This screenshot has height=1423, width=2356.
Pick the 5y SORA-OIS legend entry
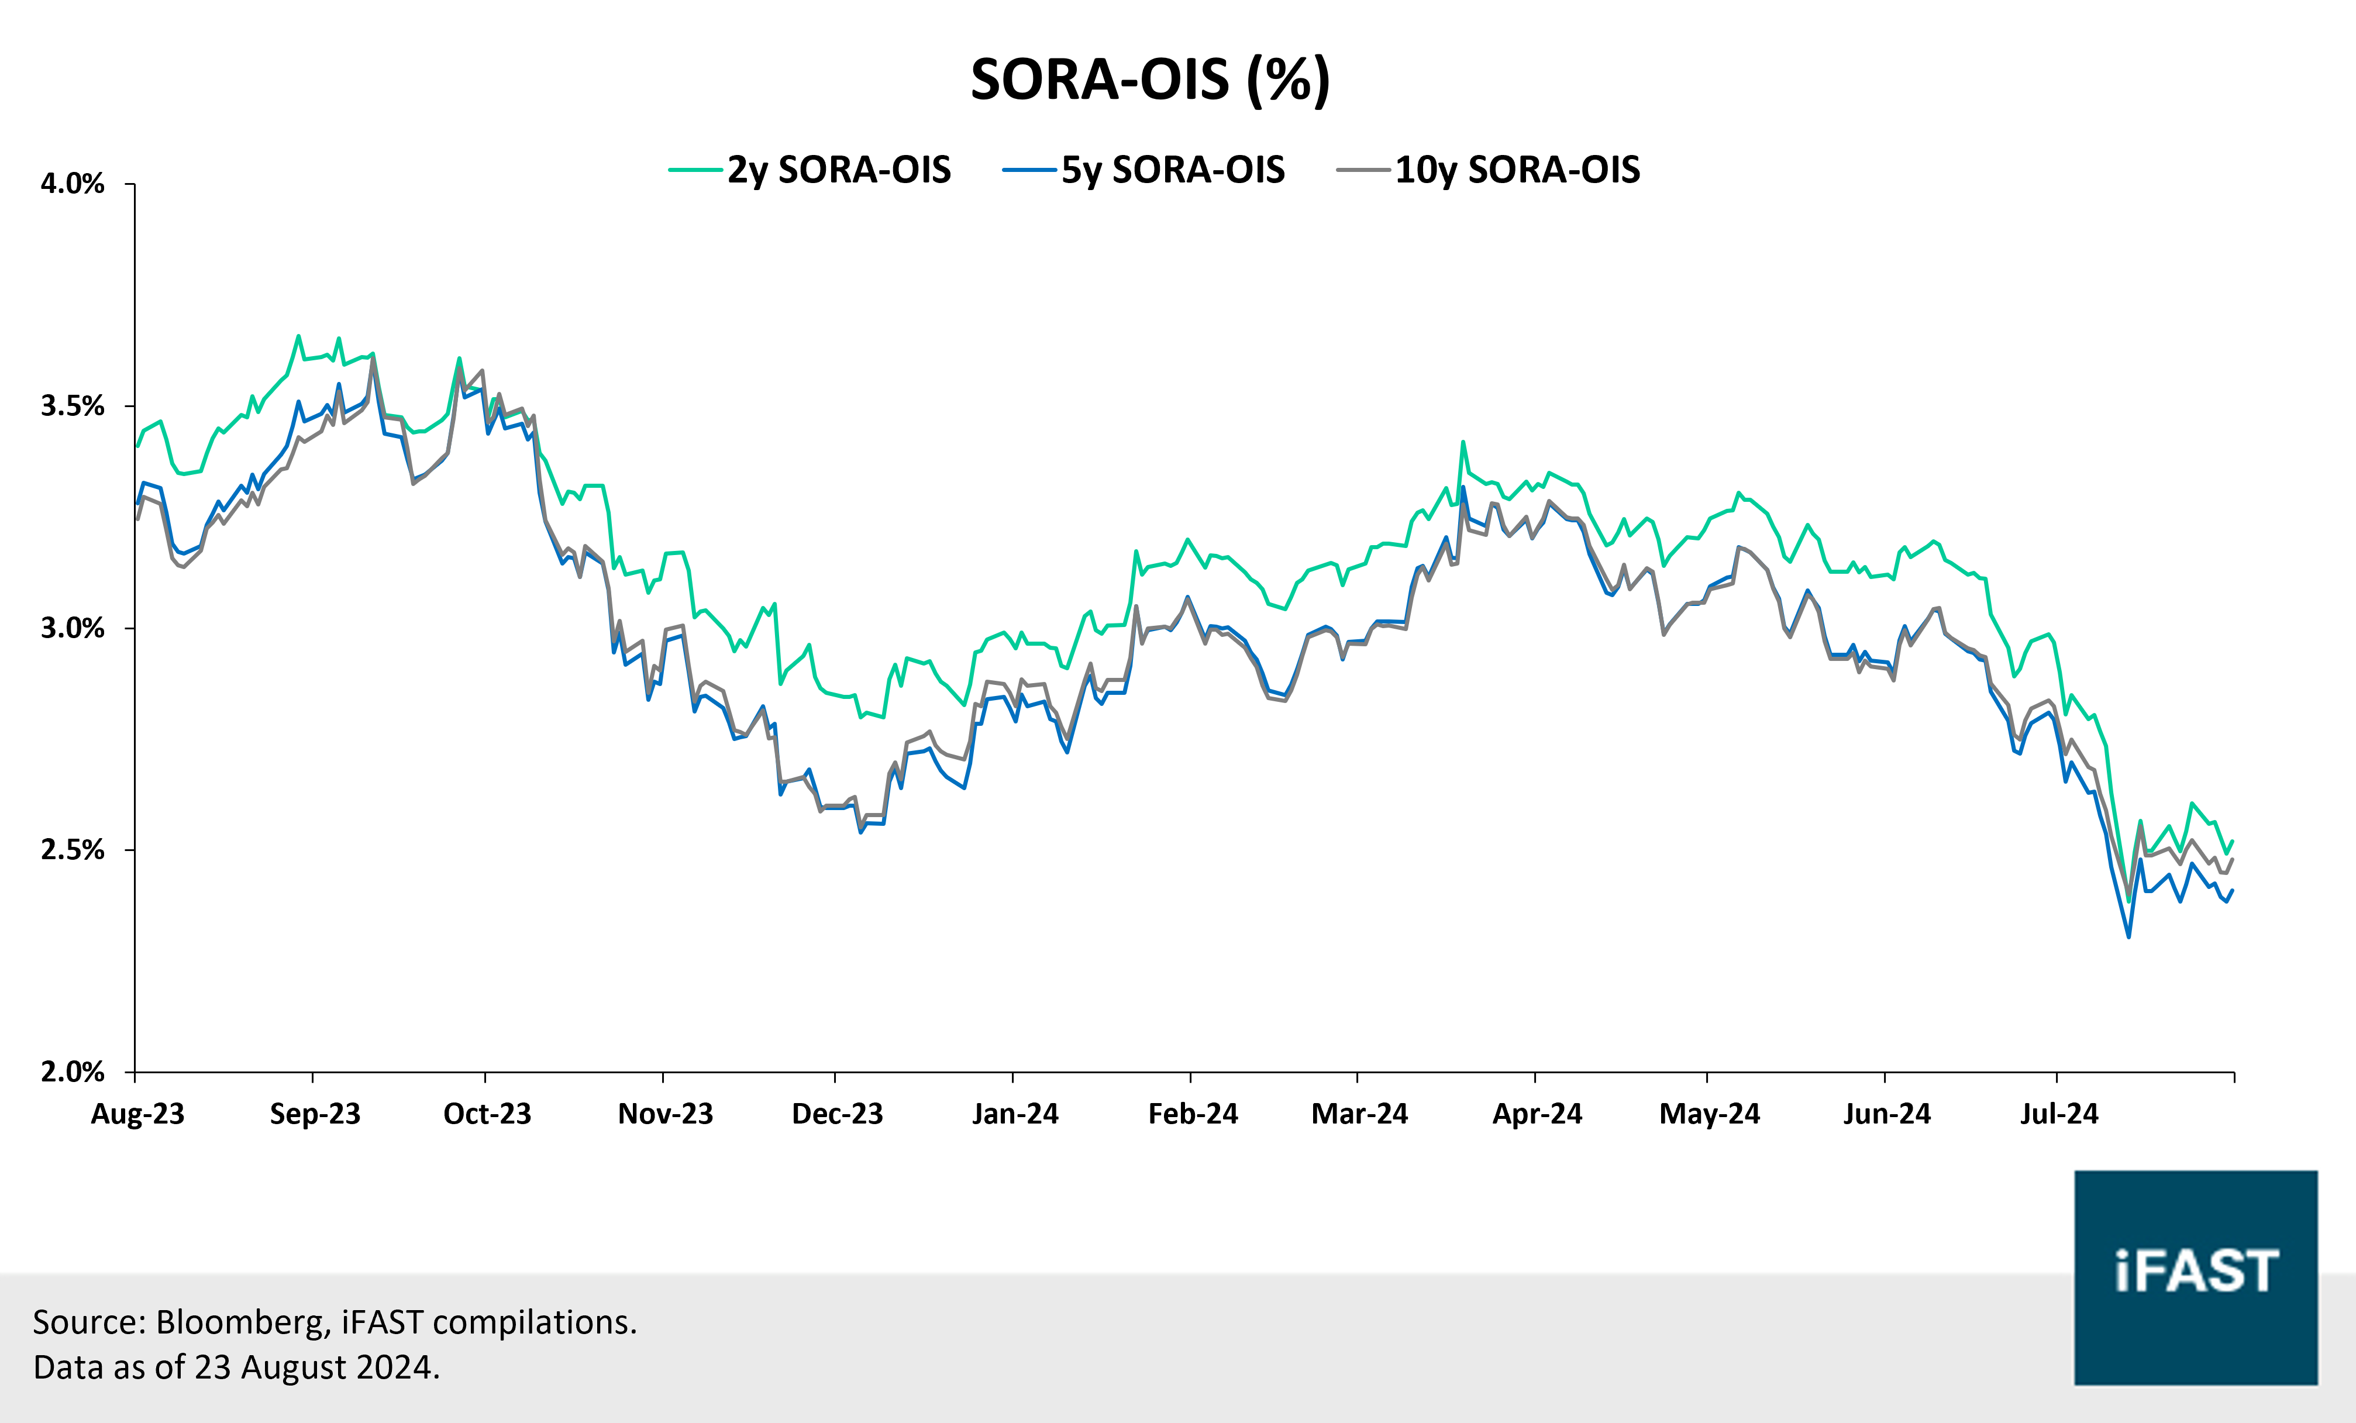[x=1172, y=170]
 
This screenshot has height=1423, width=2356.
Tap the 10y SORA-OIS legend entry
[x=1517, y=170]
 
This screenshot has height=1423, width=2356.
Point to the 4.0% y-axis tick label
[x=72, y=184]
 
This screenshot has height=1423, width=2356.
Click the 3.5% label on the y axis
[x=72, y=406]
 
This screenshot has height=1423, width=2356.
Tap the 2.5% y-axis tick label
[x=72, y=850]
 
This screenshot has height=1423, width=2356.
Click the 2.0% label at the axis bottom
[x=72, y=1072]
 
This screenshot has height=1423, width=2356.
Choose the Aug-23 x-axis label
[x=137, y=1114]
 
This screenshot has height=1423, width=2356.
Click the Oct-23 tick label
[x=487, y=1114]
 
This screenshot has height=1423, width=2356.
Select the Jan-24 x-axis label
[x=1014, y=1114]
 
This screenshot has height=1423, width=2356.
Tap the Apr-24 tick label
[x=1537, y=1114]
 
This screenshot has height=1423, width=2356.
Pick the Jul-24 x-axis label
[x=2059, y=1114]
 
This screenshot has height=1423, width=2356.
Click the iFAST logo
[x=2195, y=1277]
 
